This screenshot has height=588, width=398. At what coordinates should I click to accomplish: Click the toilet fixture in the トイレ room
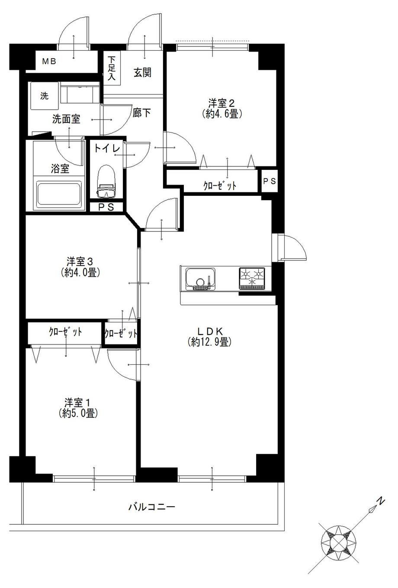tap(106, 182)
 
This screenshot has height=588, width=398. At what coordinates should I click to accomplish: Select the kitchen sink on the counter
tap(200, 279)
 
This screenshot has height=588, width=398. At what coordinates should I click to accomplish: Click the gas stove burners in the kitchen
tap(252, 278)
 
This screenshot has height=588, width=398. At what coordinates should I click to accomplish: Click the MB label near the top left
tap(49, 62)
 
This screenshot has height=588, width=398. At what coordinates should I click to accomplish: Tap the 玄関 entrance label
tap(142, 72)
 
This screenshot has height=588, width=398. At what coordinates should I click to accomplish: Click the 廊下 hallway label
tap(141, 113)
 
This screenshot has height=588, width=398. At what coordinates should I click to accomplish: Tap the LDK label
tap(210, 331)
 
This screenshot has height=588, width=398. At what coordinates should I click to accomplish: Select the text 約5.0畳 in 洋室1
tap(78, 413)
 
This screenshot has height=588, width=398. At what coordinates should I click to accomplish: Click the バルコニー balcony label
tap(152, 507)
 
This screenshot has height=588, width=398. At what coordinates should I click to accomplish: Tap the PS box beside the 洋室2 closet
tap(270, 181)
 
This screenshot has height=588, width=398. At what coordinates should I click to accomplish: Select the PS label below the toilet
tap(106, 207)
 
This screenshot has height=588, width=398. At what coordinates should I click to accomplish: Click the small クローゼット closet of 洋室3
tap(121, 333)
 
